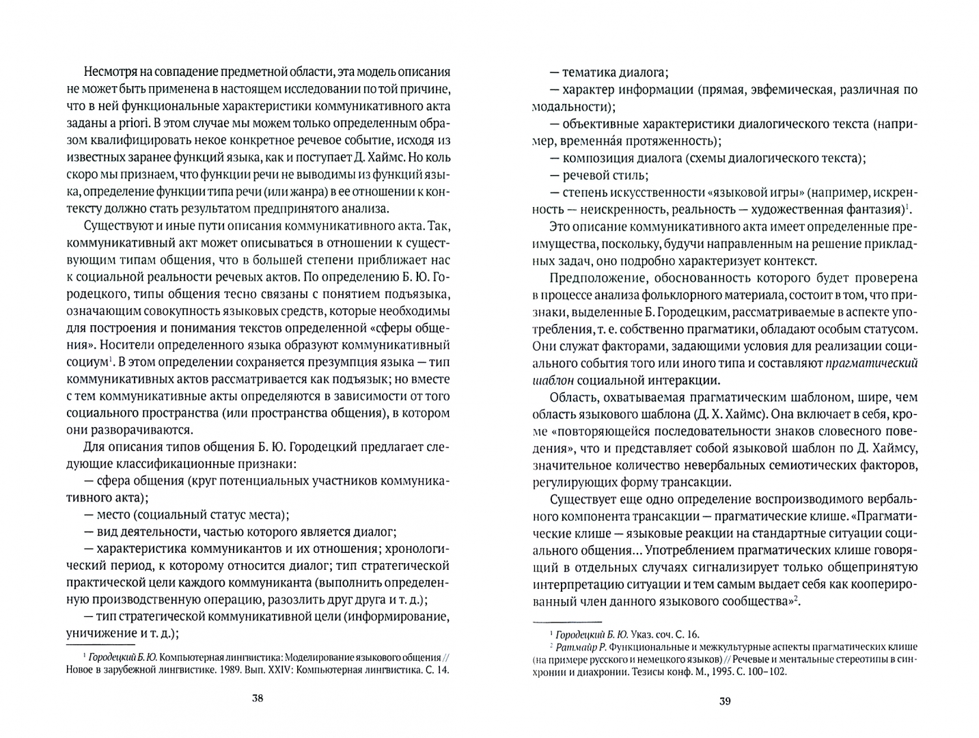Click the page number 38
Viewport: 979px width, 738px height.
pyautogui.click(x=257, y=698)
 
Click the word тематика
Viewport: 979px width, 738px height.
pyautogui.click(x=588, y=72)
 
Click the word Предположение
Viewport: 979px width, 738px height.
pyautogui.click(x=590, y=277)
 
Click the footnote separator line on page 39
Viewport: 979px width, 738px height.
pyautogui.click(x=566, y=623)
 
